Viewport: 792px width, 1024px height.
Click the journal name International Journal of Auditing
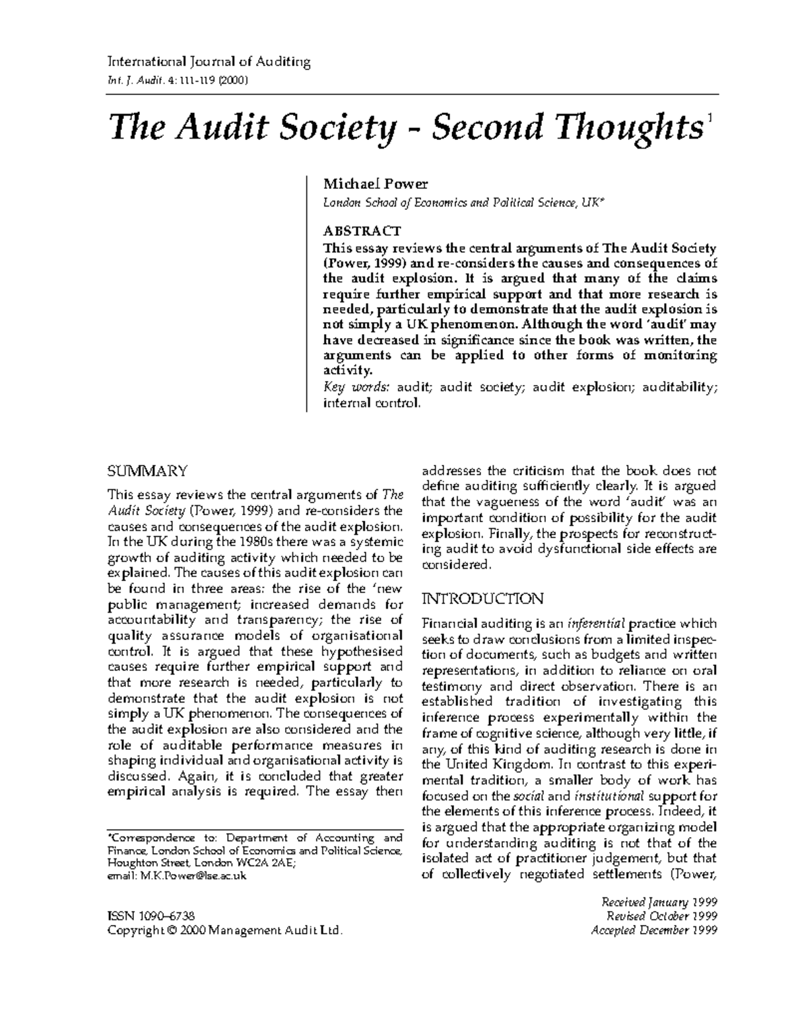tap(209, 63)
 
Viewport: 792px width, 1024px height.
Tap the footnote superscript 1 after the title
tap(709, 118)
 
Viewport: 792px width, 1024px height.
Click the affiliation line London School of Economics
tap(462, 203)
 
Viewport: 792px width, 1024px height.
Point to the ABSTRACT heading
tap(361, 231)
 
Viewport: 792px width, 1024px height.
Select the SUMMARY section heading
tap(147, 471)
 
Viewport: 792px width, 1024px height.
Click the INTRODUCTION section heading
tap(482, 599)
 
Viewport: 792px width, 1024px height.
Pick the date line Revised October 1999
tap(661, 916)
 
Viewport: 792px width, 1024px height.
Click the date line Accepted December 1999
tap(655, 930)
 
